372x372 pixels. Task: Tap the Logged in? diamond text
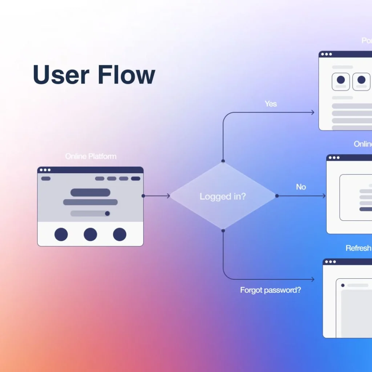click(223, 197)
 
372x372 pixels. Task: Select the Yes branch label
click(271, 104)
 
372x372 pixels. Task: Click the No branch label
click(301, 187)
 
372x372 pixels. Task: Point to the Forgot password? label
click(270, 290)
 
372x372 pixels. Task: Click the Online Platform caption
click(91, 157)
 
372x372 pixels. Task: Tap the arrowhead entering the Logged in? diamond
click(168, 196)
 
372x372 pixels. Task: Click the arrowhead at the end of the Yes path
click(313, 113)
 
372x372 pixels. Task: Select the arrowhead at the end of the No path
click(324, 196)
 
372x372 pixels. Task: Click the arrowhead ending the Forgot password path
click(313, 279)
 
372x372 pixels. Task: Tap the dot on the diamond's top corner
click(223, 161)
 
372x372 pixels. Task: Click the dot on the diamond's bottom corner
click(223, 231)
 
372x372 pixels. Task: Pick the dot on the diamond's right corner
click(277, 196)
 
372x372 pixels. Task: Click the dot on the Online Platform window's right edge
click(143, 196)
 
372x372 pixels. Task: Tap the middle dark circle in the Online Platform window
click(90, 235)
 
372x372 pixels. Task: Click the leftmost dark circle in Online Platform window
click(61, 235)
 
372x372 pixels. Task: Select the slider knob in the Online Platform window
click(107, 214)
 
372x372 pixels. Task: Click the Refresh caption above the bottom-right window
click(358, 248)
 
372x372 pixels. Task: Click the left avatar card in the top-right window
click(341, 81)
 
